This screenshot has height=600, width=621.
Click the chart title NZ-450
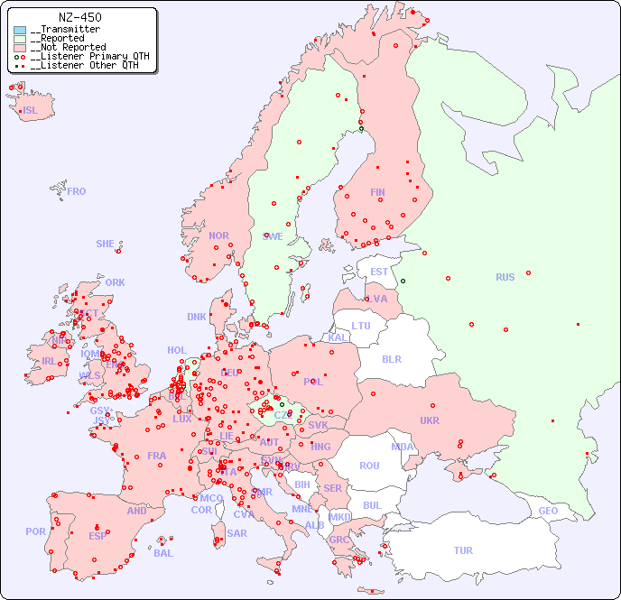79,17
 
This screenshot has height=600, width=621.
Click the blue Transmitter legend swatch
20,30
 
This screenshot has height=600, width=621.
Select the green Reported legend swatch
20,39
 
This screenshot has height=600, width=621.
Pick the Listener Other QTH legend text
84,65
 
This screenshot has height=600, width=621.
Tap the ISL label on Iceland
31,111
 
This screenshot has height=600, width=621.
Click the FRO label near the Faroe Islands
77,191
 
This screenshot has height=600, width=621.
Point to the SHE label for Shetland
105,244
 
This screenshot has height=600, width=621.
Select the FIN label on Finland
377,192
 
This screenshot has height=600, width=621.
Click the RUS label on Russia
505,277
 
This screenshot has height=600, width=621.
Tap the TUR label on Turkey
463,550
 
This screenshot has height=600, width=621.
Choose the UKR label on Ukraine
430,420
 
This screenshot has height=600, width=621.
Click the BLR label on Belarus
391,358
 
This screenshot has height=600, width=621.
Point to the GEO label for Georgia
548,511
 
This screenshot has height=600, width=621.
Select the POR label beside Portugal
35,531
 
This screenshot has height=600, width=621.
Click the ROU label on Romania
369,466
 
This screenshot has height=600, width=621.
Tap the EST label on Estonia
379,272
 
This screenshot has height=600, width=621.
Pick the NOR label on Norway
218,235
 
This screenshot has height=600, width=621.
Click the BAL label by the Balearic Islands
163,553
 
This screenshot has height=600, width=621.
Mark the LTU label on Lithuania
361,326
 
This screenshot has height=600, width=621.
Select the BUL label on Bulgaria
372,505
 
